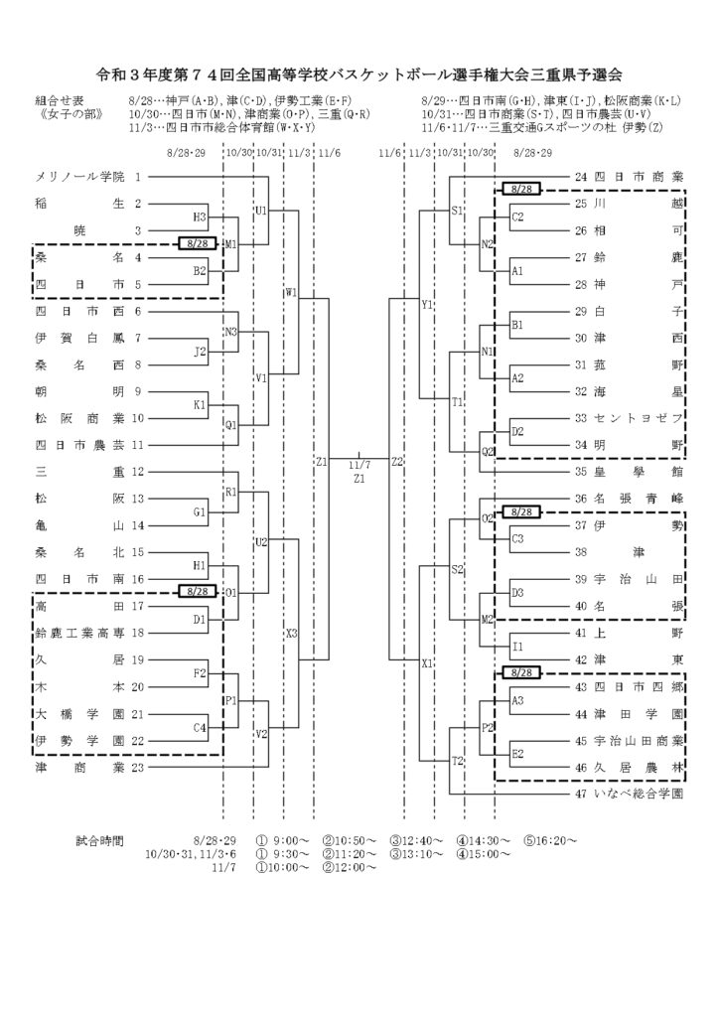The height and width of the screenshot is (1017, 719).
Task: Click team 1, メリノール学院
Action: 79,177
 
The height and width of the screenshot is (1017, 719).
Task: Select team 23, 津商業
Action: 79,768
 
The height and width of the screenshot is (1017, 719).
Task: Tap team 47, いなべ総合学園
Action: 639,794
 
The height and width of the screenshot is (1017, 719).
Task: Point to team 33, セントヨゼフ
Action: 639,418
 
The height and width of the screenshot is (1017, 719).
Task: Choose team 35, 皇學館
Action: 639,472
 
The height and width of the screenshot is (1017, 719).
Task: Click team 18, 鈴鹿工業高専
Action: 79,633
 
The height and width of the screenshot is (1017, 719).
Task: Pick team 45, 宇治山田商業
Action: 639,741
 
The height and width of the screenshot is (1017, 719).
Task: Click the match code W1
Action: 291,293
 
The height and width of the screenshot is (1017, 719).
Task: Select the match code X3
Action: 291,633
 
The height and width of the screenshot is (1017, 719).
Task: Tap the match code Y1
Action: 427,304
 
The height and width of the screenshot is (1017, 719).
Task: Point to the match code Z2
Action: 397,462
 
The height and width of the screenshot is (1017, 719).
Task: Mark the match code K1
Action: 200,405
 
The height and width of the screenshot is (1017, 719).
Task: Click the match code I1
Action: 517,647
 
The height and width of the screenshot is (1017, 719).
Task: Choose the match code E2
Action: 517,754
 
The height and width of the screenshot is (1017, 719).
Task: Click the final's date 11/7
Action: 359,465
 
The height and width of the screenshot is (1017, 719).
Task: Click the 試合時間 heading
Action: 99,841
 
